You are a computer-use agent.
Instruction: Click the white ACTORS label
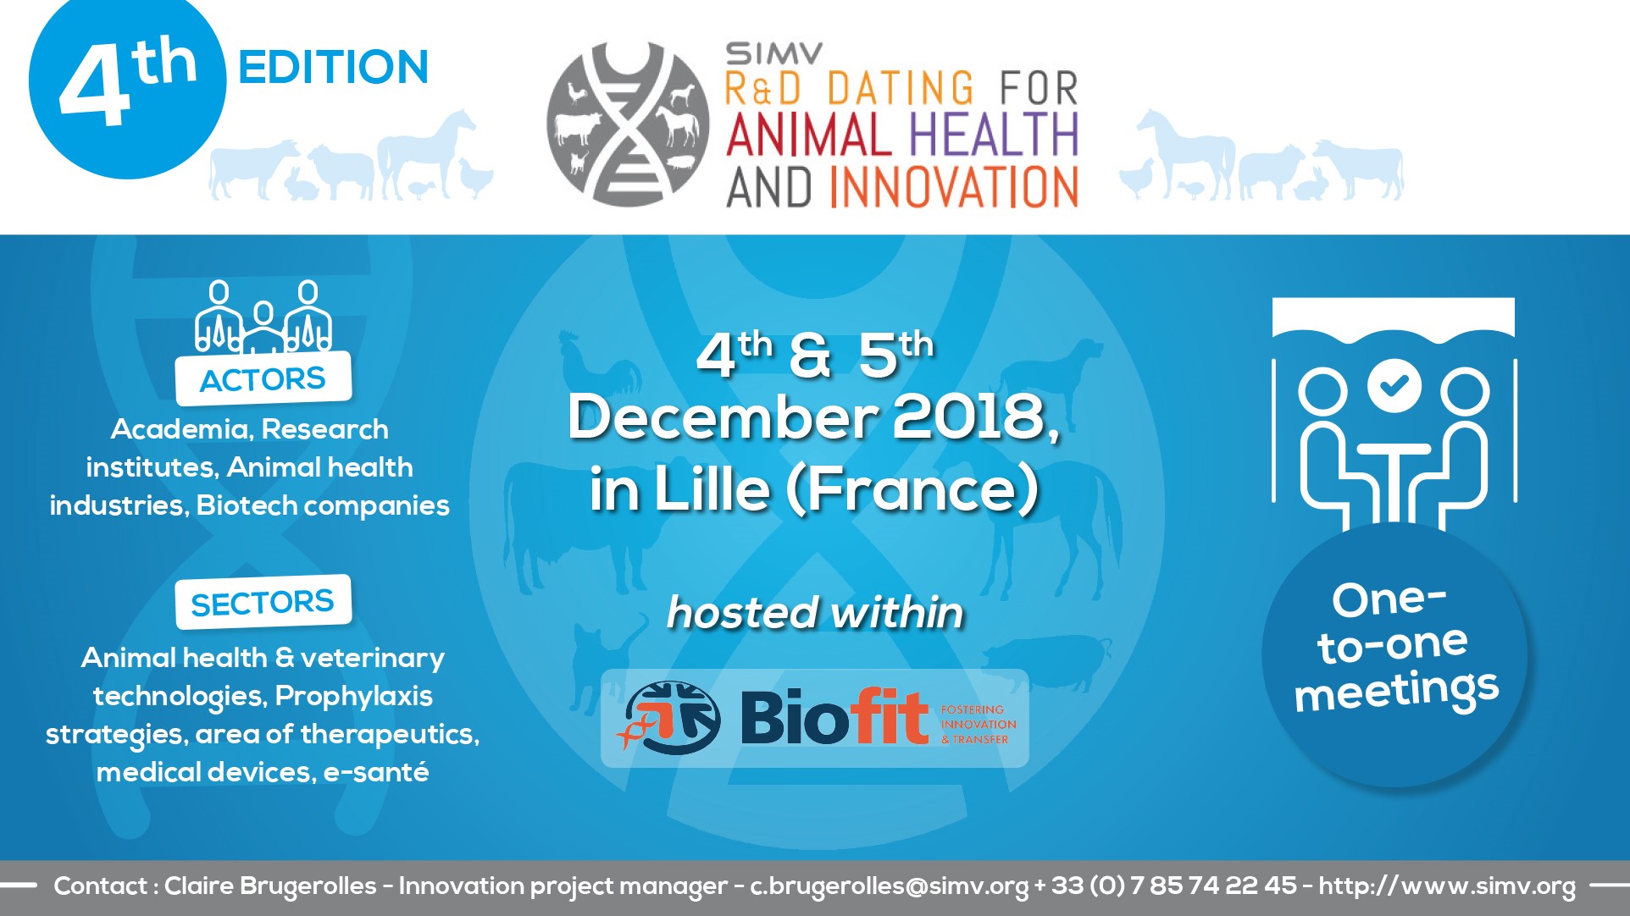click(x=263, y=378)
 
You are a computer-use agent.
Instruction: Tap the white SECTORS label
click(x=263, y=602)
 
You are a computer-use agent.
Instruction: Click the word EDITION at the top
click(x=334, y=68)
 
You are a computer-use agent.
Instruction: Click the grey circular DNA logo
click(x=628, y=124)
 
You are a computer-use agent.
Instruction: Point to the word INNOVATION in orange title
click(x=953, y=187)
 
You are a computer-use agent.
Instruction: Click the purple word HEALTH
click(x=993, y=135)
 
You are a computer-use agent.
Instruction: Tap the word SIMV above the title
click(x=773, y=54)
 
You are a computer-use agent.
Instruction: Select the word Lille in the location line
click(x=711, y=488)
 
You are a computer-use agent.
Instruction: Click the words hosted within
click(x=815, y=612)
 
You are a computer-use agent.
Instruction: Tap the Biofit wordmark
click(x=834, y=717)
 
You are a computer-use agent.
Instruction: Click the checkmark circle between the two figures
click(x=1394, y=385)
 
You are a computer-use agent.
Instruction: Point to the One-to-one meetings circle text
click(x=1394, y=647)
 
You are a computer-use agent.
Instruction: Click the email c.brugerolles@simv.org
click(x=889, y=886)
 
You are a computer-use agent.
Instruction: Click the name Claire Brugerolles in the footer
click(x=270, y=886)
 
